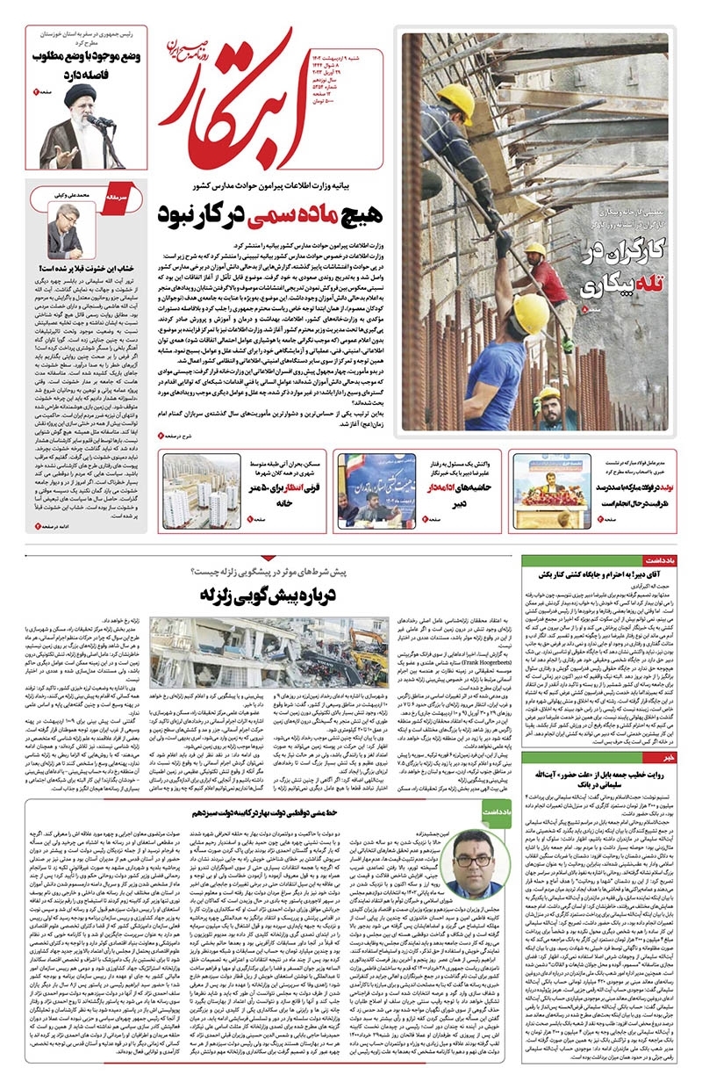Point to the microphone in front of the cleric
(94, 121)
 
